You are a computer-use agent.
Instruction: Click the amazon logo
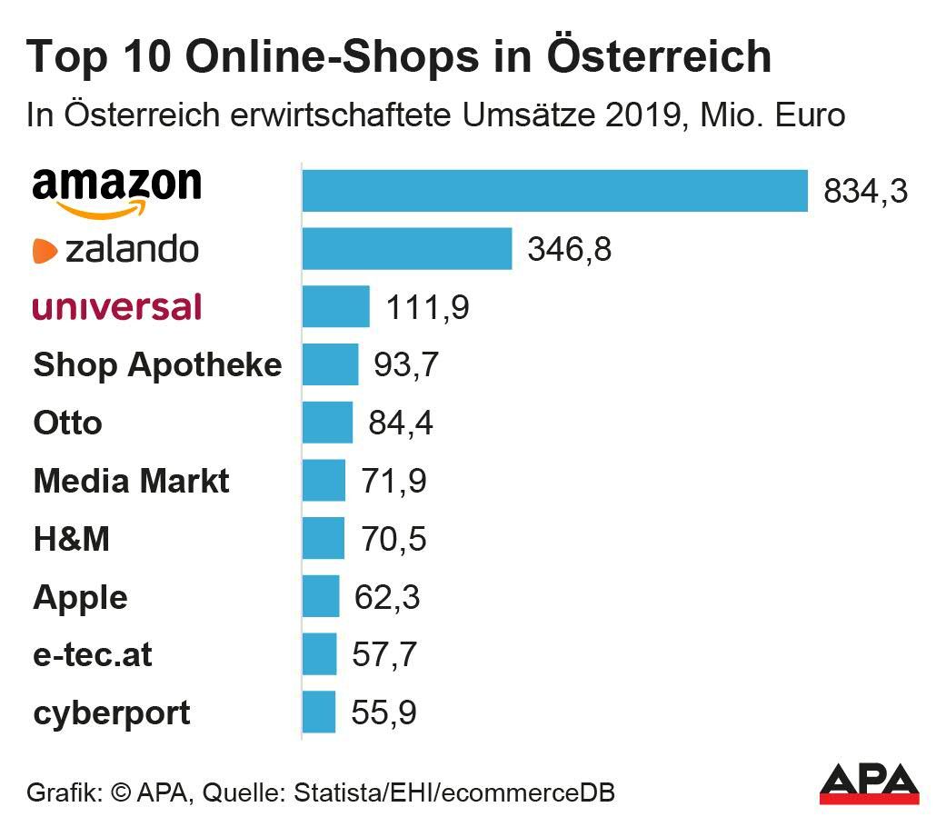(x=116, y=191)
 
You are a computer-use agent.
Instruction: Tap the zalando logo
(x=115, y=249)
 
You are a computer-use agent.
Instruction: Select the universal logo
(x=116, y=306)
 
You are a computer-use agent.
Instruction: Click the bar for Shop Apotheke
(x=330, y=364)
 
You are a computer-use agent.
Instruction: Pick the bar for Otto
(x=327, y=423)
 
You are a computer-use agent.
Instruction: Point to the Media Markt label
(x=132, y=481)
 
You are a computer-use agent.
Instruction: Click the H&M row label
(x=72, y=539)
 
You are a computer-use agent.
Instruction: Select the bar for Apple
(x=321, y=597)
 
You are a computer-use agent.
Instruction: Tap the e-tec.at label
(x=93, y=655)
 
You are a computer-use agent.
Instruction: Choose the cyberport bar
(x=319, y=712)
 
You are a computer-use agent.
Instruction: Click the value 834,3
(x=865, y=192)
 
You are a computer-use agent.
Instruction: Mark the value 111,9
(x=428, y=307)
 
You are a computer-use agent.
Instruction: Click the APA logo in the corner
(x=870, y=784)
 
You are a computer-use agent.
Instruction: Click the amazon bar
(x=554, y=191)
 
